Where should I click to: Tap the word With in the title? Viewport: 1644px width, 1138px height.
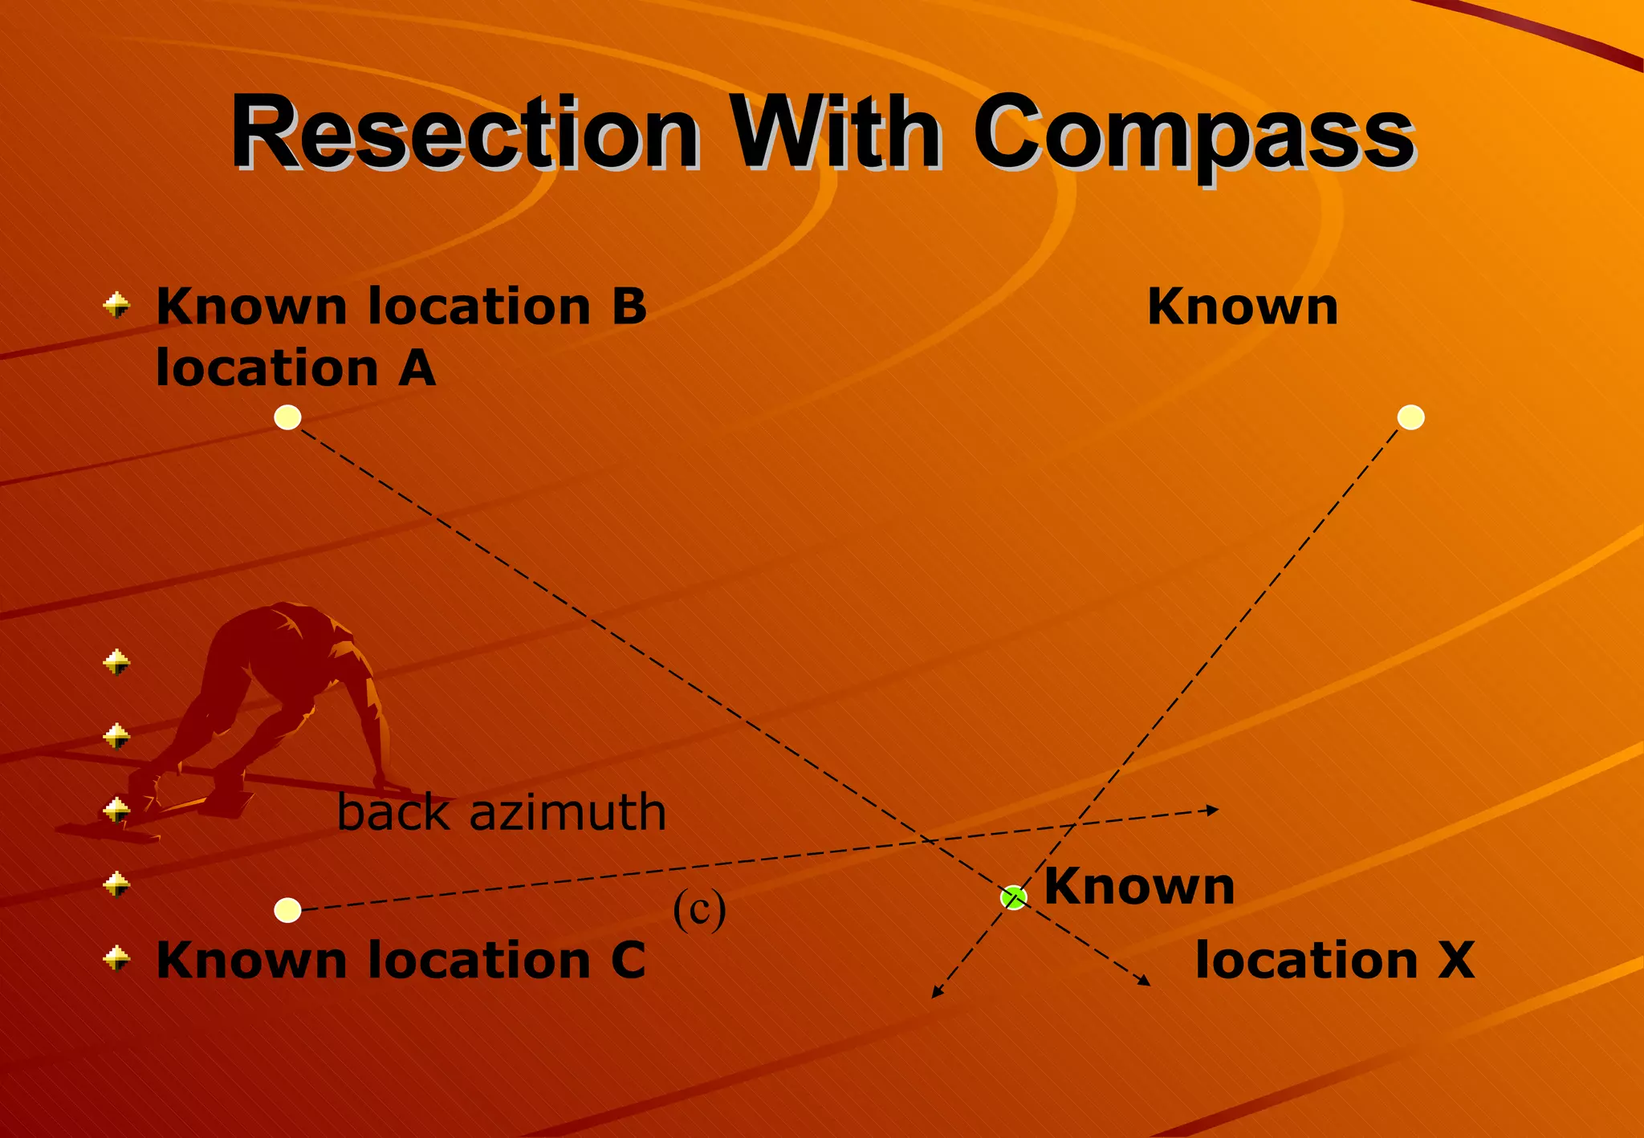[x=835, y=132]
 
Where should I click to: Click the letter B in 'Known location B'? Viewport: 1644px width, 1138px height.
[x=629, y=307]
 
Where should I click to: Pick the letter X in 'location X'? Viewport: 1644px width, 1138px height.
[x=1455, y=960]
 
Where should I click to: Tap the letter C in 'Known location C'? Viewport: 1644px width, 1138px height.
[x=628, y=961]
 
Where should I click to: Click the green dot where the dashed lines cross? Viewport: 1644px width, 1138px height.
[x=1014, y=897]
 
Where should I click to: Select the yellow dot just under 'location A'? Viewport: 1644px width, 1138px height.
[x=287, y=417]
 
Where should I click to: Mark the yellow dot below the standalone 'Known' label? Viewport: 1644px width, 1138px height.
[x=1410, y=417]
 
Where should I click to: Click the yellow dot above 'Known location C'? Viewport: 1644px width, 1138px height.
[x=287, y=910]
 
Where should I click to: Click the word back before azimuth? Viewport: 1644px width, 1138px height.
[x=394, y=812]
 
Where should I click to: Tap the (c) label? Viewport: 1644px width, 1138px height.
[x=699, y=909]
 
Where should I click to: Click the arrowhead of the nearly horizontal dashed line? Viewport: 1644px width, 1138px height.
[x=1214, y=810]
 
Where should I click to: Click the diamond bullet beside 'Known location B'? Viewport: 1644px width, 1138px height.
[x=117, y=305]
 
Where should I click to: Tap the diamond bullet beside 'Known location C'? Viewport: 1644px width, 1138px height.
[x=117, y=958]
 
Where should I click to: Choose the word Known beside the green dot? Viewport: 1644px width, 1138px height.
[x=1138, y=887]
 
